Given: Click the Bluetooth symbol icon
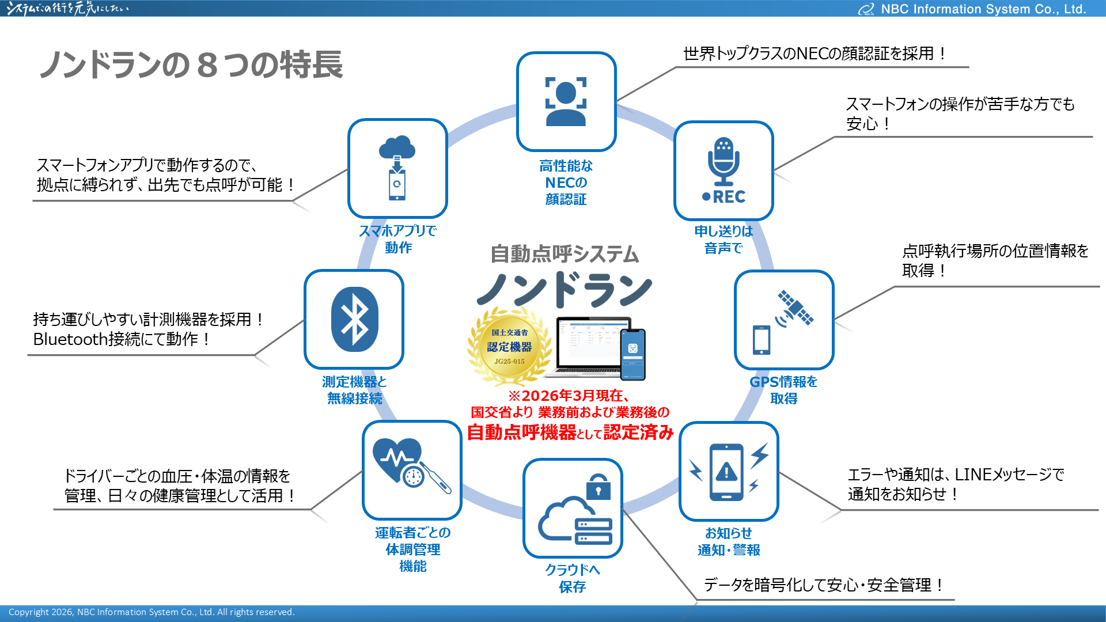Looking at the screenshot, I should click(354, 319).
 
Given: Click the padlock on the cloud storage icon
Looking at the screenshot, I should click(599, 487).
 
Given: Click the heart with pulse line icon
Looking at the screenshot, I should click(397, 458).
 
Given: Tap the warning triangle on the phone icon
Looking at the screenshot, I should click(726, 472).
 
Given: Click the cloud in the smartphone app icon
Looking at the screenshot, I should click(397, 147).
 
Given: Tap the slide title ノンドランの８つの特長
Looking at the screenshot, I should click(191, 65).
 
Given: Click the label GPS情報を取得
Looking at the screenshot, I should click(783, 390).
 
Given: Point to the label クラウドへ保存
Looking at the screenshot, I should click(573, 578).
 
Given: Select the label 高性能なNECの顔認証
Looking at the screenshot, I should click(566, 183).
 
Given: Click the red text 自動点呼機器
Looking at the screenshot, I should click(521, 432).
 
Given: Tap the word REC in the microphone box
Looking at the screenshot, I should click(729, 197).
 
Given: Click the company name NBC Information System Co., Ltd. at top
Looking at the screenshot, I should click(983, 9).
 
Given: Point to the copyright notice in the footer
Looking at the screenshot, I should click(151, 612).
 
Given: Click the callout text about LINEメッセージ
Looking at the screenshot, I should click(955, 484).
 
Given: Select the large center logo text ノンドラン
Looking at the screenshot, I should click(565, 289).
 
